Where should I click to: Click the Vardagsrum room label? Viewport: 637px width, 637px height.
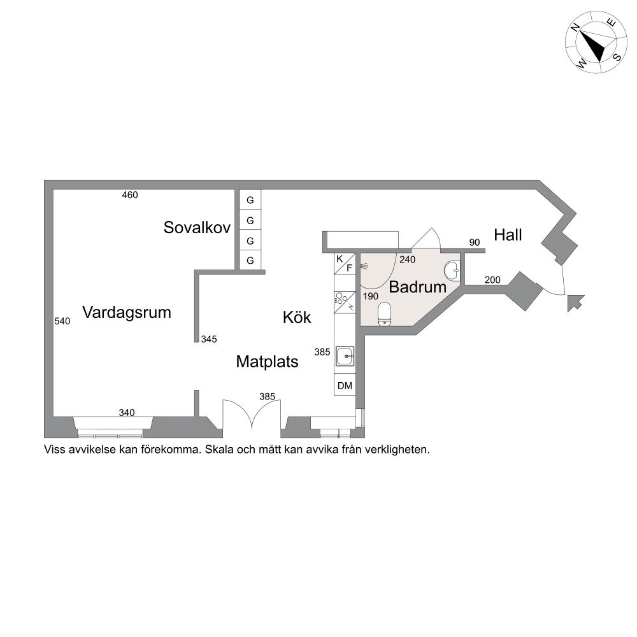point(126,312)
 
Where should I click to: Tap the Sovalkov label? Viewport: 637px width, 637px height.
point(197,227)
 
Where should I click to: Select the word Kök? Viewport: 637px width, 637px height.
point(297,317)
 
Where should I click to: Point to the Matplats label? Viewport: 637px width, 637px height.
point(268,362)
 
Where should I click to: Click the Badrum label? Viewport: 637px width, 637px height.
point(418,287)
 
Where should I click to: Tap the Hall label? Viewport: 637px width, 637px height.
point(508,235)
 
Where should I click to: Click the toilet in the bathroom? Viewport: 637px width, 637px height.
point(384,314)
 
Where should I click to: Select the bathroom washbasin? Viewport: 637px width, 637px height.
point(452,271)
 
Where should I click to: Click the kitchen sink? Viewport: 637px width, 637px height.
point(345,356)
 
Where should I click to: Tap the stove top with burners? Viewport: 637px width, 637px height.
point(345,302)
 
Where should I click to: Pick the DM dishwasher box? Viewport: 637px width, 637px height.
point(345,385)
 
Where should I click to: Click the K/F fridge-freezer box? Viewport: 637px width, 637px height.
point(345,264)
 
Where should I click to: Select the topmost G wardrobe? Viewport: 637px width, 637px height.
point(250,200)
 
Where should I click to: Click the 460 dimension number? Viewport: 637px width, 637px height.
point(130,195)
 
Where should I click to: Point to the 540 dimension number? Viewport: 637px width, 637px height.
point(62,321)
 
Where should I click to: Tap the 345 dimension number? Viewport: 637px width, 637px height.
point(209,340)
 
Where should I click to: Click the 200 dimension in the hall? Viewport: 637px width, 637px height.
point(492,280)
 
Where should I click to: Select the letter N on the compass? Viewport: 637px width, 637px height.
point(575,27)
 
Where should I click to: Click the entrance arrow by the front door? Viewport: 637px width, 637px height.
point(576,303)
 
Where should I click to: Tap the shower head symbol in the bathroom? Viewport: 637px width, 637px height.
point(364,266)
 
